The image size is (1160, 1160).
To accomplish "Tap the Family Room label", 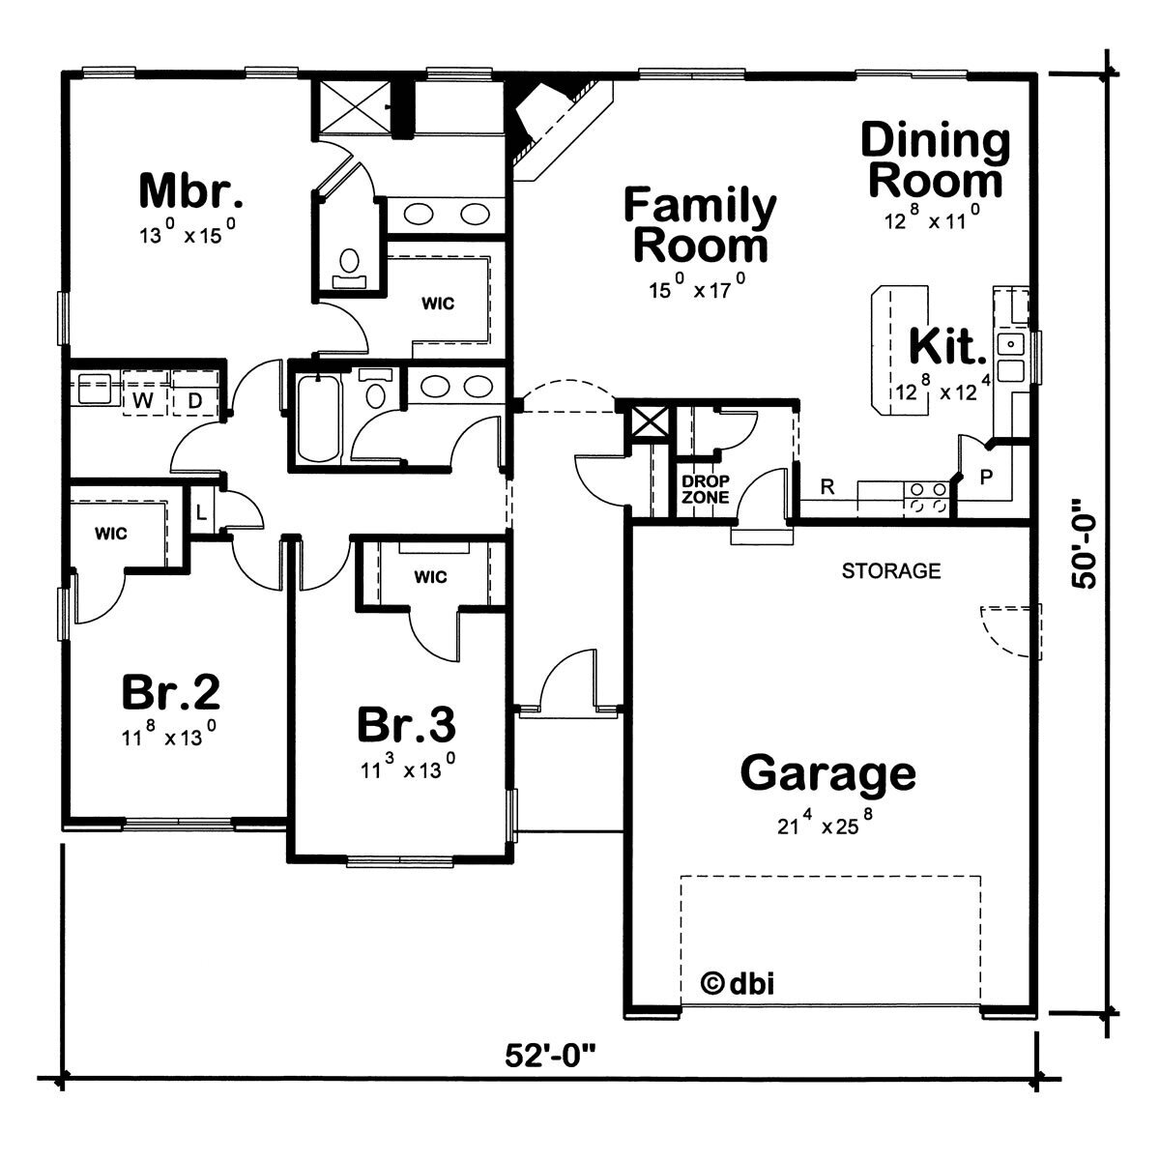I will [x=700, y=225].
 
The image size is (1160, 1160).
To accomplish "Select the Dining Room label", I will [x=935, y=160].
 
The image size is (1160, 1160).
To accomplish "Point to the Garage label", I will [x=828, y=772].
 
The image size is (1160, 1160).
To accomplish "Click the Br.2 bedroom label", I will [x=170, y=692].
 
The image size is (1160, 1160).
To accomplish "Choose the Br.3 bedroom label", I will [x=406, y=723].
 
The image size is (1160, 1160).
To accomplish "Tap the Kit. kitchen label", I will [x=947, y=347].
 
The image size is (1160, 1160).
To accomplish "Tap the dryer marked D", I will [x=193, y=398].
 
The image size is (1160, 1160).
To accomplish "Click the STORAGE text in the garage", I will [x=890, y=570].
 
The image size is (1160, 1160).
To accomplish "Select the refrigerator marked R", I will [x=826, y=487].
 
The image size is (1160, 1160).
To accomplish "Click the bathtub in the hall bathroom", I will [x=317, y=420].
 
